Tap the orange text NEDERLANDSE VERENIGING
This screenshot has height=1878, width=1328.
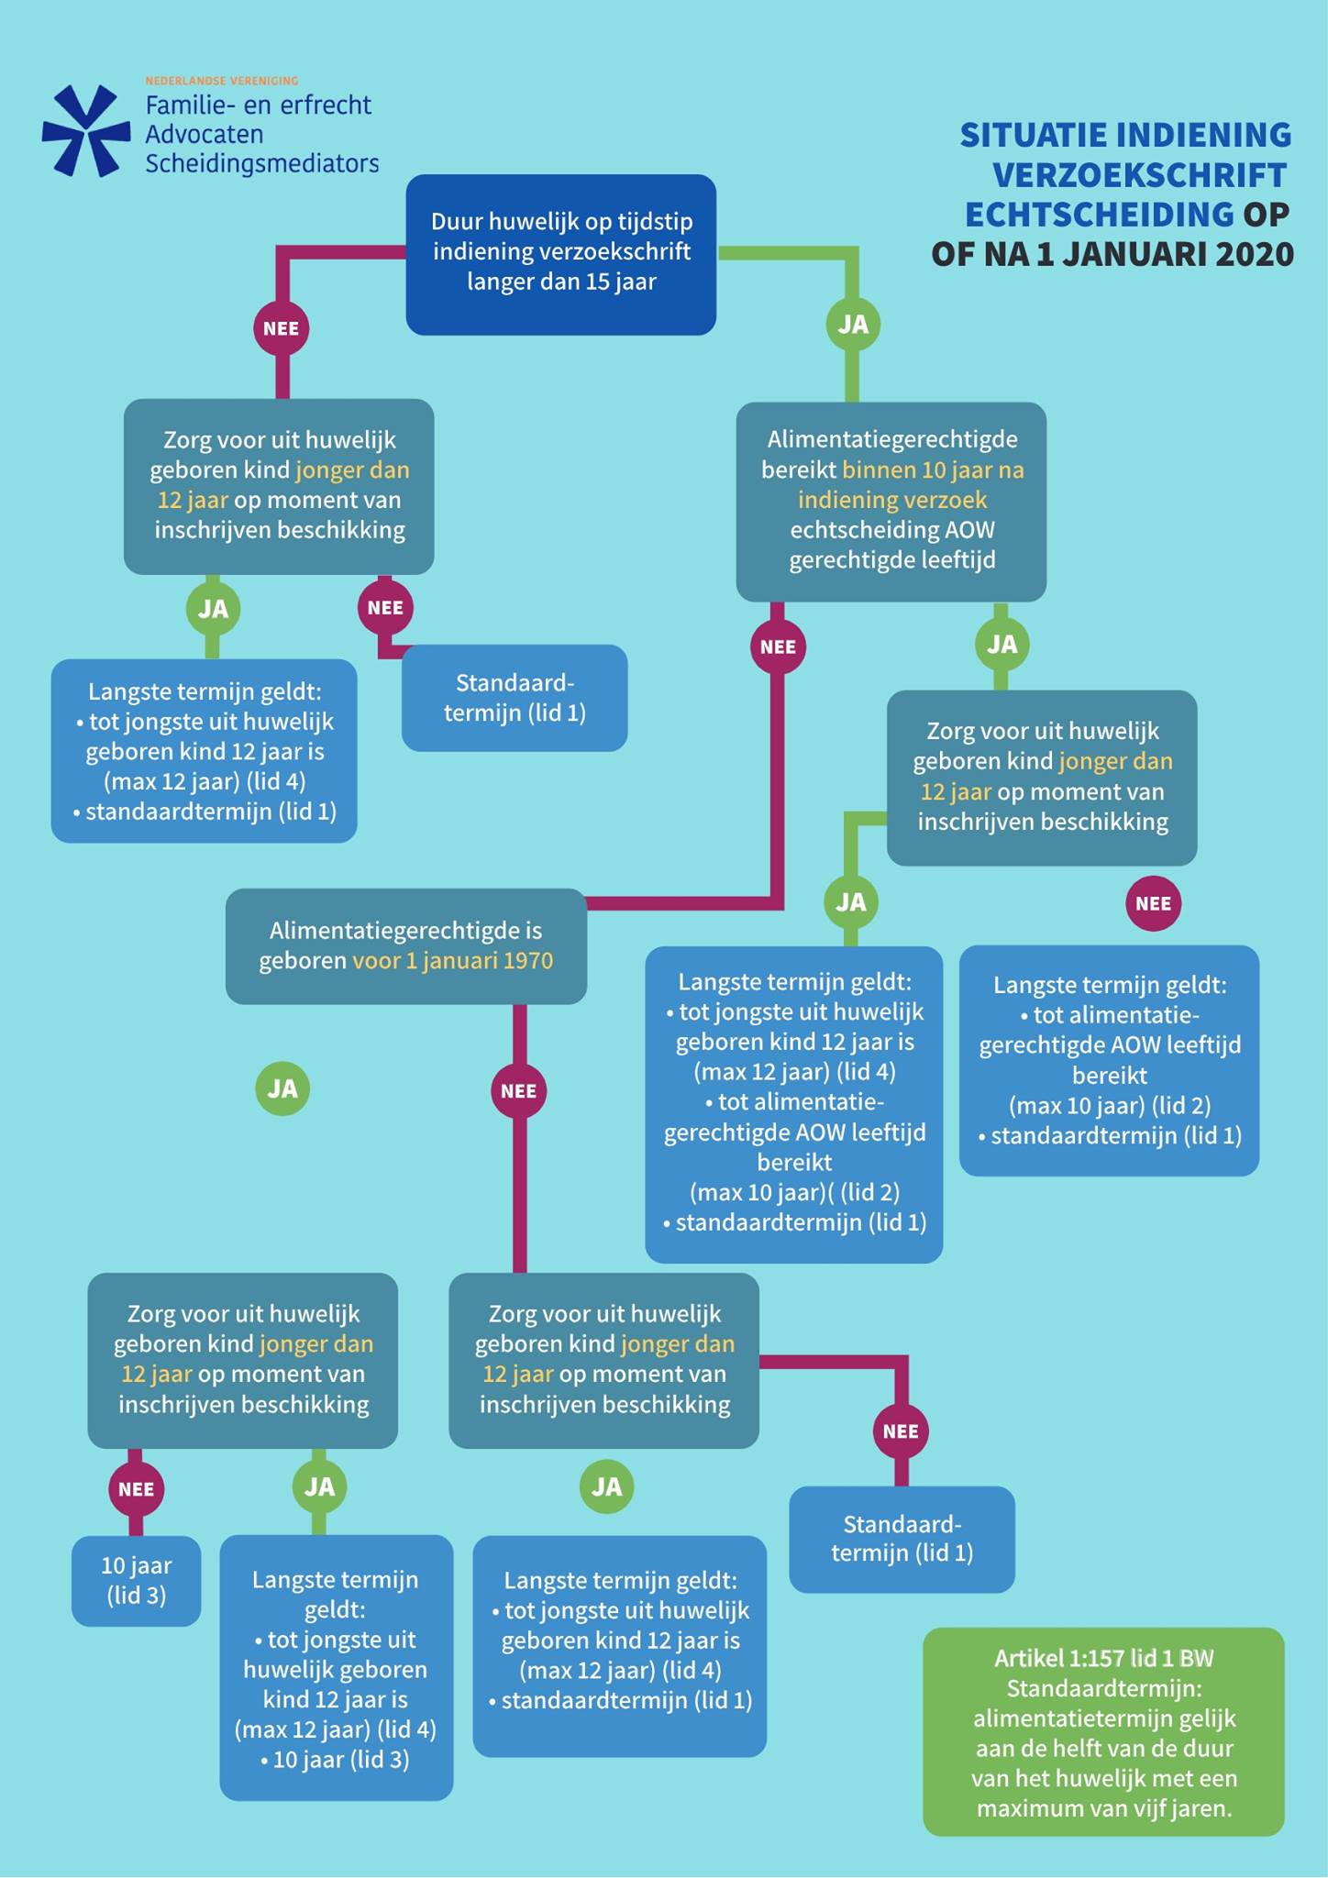click(222, 81)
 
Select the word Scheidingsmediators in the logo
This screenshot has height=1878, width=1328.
click(262, 164)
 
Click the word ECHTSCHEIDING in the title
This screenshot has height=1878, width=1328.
click(1099, 214)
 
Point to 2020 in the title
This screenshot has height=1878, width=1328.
click(1255, 253)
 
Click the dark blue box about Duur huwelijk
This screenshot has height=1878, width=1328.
click(560, 254)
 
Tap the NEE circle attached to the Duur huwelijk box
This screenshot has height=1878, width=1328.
click(281, 328)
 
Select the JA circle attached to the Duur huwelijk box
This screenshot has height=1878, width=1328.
click(853, 324)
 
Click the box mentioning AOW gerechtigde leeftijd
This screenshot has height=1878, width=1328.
click(891, 501)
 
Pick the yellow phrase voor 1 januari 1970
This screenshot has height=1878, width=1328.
click(453, 961)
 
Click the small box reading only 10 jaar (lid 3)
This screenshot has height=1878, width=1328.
click(136, 1581)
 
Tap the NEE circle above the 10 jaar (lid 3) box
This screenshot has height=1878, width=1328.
click(136, 1489)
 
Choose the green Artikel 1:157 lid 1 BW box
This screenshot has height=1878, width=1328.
click(1103, 1732)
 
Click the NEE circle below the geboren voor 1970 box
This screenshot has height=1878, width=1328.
click(518, 1091)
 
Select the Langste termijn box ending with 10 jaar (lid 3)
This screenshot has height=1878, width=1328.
click(337, 1668)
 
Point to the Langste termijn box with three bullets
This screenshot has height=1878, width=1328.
click(794, 1104)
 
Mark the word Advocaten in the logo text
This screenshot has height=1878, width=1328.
click(205, 135)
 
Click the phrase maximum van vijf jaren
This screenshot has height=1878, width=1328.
click(1104, 1809)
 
